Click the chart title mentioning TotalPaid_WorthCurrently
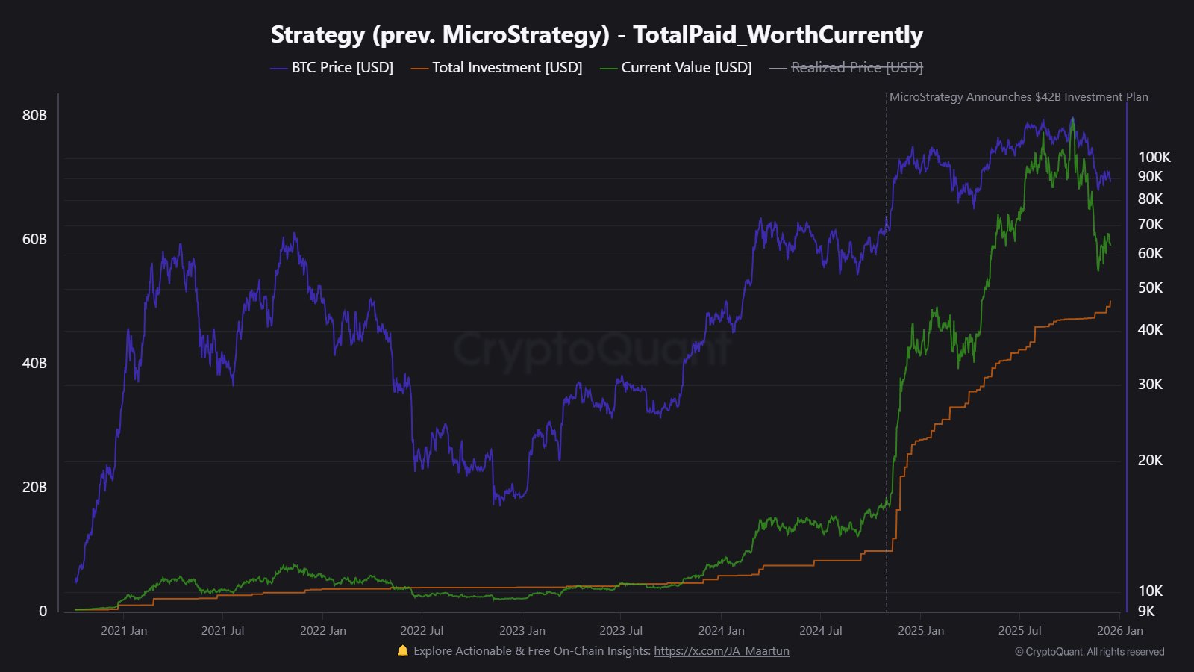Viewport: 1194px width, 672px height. (x=596, y=34)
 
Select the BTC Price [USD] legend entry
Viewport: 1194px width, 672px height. (x=332, y=68)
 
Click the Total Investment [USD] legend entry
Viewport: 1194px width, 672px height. (x=497, y=68)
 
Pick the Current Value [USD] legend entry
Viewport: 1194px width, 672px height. (x=676, y=68)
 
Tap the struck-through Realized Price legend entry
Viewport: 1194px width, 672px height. (x=846, y=68)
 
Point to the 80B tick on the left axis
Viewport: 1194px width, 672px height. (x=34, y=115)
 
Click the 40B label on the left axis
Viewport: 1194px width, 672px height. (x=34, y=363)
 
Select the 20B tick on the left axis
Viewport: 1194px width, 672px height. (x=34, y=487)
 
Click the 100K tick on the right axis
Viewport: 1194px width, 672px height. (x=1154, y=157)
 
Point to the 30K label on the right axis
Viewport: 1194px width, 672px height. (x=1150, y=384)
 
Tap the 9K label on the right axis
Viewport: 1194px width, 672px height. (x=1146, y=611)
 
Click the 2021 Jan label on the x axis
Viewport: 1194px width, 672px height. (x=124, y=631)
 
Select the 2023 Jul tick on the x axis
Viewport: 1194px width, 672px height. (x=621, y=631)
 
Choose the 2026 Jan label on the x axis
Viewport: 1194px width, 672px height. (x=1119, y=631)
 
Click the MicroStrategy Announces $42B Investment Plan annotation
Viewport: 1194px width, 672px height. (x=1019, y=97)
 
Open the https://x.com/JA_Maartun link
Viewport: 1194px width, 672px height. (x=721, y=651)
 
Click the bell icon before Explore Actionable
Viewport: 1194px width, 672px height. (x=403, y=650)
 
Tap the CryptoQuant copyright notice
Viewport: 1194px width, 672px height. (x=1090, y=652)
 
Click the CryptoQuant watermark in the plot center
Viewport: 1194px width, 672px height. (x=593, y=349)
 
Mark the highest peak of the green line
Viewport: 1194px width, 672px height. (x=1072, y=119)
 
